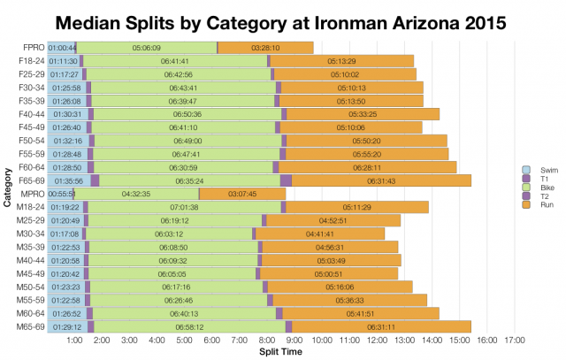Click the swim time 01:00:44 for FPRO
[x=62, y=47]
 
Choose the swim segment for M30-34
[x=65, y=234]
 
